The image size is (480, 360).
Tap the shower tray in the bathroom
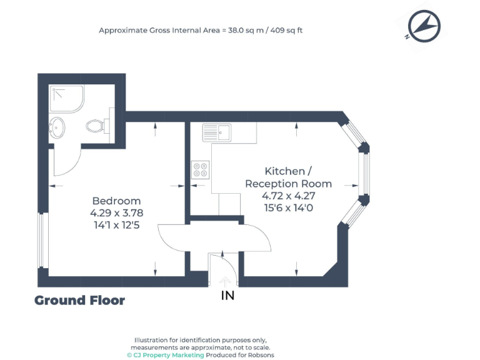[x=66, y=99]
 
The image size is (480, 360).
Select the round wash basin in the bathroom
[x=57, y=127]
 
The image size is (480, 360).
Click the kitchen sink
[x=217, y=132]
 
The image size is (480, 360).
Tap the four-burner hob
[x=201, y=169]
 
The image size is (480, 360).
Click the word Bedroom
[x=116, y=201]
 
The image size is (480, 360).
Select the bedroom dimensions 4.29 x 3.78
[x=116, y=212]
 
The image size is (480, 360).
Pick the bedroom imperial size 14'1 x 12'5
[x=116, y=224]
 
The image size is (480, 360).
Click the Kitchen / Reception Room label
[x=288, y=177]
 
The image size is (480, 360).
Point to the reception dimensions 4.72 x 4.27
[x=288, y=196]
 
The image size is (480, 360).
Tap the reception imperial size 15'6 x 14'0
[x=288, y=208]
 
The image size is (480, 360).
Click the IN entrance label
[x=228, y=295]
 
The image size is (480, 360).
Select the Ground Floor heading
[x=79, y=301]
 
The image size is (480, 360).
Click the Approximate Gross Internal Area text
[x=201, y=30]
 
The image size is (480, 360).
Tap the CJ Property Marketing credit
[x=166, y=354]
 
